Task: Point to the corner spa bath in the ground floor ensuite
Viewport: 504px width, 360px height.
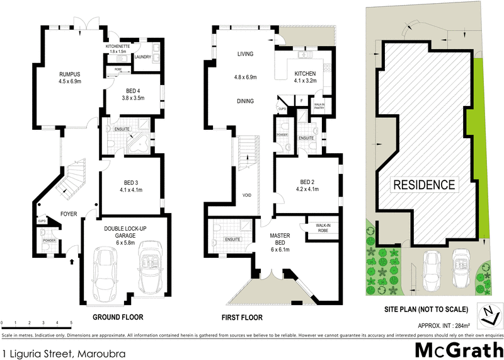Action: click(x=139, y=142)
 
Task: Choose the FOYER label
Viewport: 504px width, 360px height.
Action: click(x=69, y=214)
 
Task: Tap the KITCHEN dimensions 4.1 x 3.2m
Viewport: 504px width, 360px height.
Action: click(x=306, y=81)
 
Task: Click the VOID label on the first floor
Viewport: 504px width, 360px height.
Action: click(x=247, y=195)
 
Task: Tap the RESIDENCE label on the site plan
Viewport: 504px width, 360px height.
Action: click(x=424, y=185)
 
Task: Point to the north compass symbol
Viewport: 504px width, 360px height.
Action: click(x=489, y=313)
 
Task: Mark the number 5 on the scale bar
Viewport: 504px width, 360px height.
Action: click(x=71, y=323)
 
